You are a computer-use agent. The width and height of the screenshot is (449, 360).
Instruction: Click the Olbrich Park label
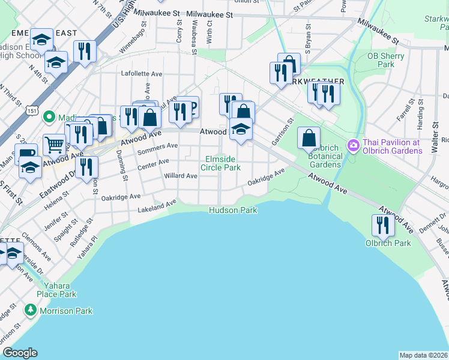coord(388,243)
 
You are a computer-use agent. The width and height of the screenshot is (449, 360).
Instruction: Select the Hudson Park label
coord(233,210)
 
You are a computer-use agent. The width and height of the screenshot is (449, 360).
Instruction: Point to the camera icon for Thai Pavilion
coord(353,145)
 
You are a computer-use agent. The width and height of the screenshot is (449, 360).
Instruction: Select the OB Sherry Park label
coord(385,60)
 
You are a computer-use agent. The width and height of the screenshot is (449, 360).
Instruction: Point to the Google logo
coord(20,353)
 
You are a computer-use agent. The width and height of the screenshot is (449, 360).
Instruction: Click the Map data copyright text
coord(423,355)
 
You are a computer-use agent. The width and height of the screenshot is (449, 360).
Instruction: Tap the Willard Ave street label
coord(180,176)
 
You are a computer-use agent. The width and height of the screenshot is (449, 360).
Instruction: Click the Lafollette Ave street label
coord(142,74)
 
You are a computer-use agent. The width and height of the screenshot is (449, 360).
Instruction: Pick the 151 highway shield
coord(32,111)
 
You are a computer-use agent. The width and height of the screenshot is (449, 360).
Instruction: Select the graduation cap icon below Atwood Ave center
coord(241,130)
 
